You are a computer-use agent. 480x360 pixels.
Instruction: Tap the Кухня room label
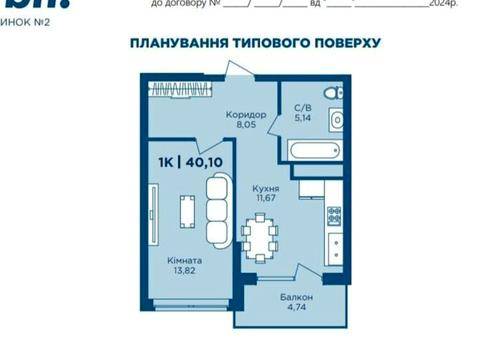(265, 188)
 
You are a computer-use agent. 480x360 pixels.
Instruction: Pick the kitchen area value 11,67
(265, 199)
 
